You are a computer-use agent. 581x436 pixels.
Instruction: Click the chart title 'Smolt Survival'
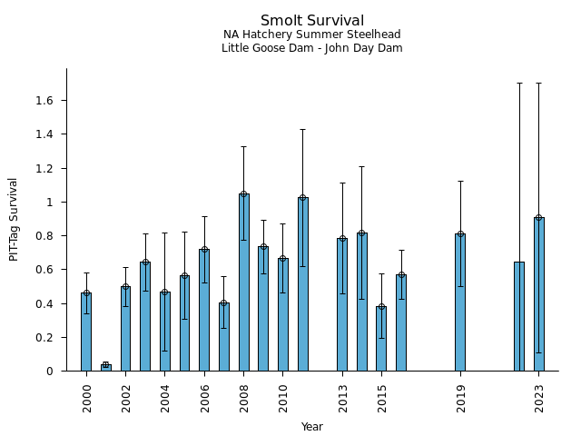(x=312, y=21)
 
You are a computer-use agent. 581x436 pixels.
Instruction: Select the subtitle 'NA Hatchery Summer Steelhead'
(x=312, y=35)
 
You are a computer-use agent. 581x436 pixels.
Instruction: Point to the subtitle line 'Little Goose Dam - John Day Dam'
(x=312, y=48)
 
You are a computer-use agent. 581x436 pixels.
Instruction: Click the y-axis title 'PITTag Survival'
(x=14, y=220)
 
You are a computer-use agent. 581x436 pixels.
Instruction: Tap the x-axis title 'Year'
(x=312, y=427)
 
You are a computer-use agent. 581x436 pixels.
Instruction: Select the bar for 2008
(x=244, y=282)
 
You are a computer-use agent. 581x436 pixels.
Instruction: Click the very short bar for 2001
(x=106, y=367)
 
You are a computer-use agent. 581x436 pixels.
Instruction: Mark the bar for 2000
(x=86, y=332)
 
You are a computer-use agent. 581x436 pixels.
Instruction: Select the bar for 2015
(x=381, y=339)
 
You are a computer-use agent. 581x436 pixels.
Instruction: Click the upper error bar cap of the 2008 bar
(x=244, y=146)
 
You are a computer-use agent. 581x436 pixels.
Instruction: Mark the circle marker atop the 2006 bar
(x=204, y=249)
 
